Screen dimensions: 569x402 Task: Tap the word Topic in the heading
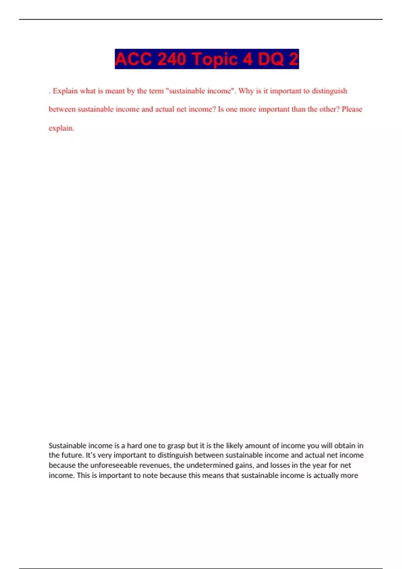coord(214,59)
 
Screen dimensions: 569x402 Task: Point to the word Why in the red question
coord(246,91)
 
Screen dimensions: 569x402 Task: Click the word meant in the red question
coord(115,91)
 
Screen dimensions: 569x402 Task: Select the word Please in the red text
coord(352,109)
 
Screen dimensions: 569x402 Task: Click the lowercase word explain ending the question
coord(61,128)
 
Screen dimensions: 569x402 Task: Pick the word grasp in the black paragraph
coord(176,445)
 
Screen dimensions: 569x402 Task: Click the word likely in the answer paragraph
coord(234,445)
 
